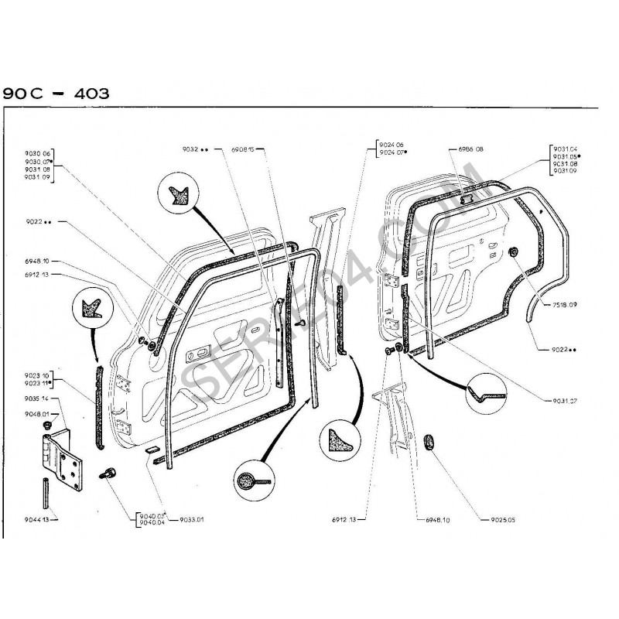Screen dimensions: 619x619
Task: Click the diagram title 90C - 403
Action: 56,94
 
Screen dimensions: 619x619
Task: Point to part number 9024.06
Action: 392,146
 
